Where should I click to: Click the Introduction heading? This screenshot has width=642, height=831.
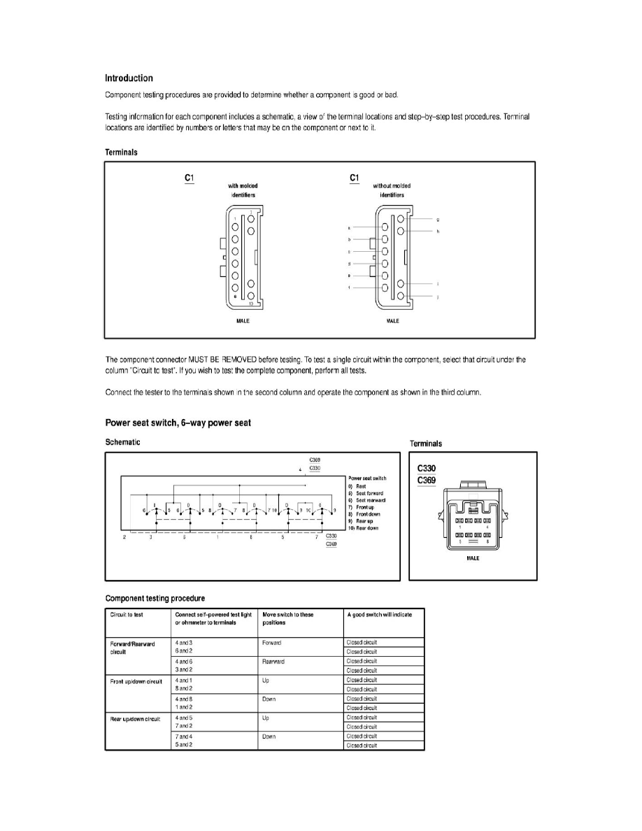[129, 78]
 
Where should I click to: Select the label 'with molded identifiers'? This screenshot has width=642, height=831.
[243, 190]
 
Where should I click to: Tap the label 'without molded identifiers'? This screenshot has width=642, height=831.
[392, 190]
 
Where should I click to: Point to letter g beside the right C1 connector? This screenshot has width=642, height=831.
[437, 220]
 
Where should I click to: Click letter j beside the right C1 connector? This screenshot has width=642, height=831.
[437, 297]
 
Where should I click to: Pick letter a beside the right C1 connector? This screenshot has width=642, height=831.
[348, 228]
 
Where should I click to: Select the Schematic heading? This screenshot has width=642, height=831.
[122, 442]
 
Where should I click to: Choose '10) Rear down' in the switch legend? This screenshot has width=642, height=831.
[366, 528]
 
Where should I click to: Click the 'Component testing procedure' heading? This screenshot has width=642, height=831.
[155, 598]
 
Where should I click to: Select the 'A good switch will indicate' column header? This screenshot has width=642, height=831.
[379, 615]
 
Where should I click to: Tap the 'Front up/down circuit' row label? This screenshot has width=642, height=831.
[136, 680]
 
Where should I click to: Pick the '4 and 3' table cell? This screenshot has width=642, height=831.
[183, 641]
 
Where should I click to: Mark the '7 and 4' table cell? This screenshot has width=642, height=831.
[183, 737]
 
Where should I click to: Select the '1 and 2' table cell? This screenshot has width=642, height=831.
[183, 708]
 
